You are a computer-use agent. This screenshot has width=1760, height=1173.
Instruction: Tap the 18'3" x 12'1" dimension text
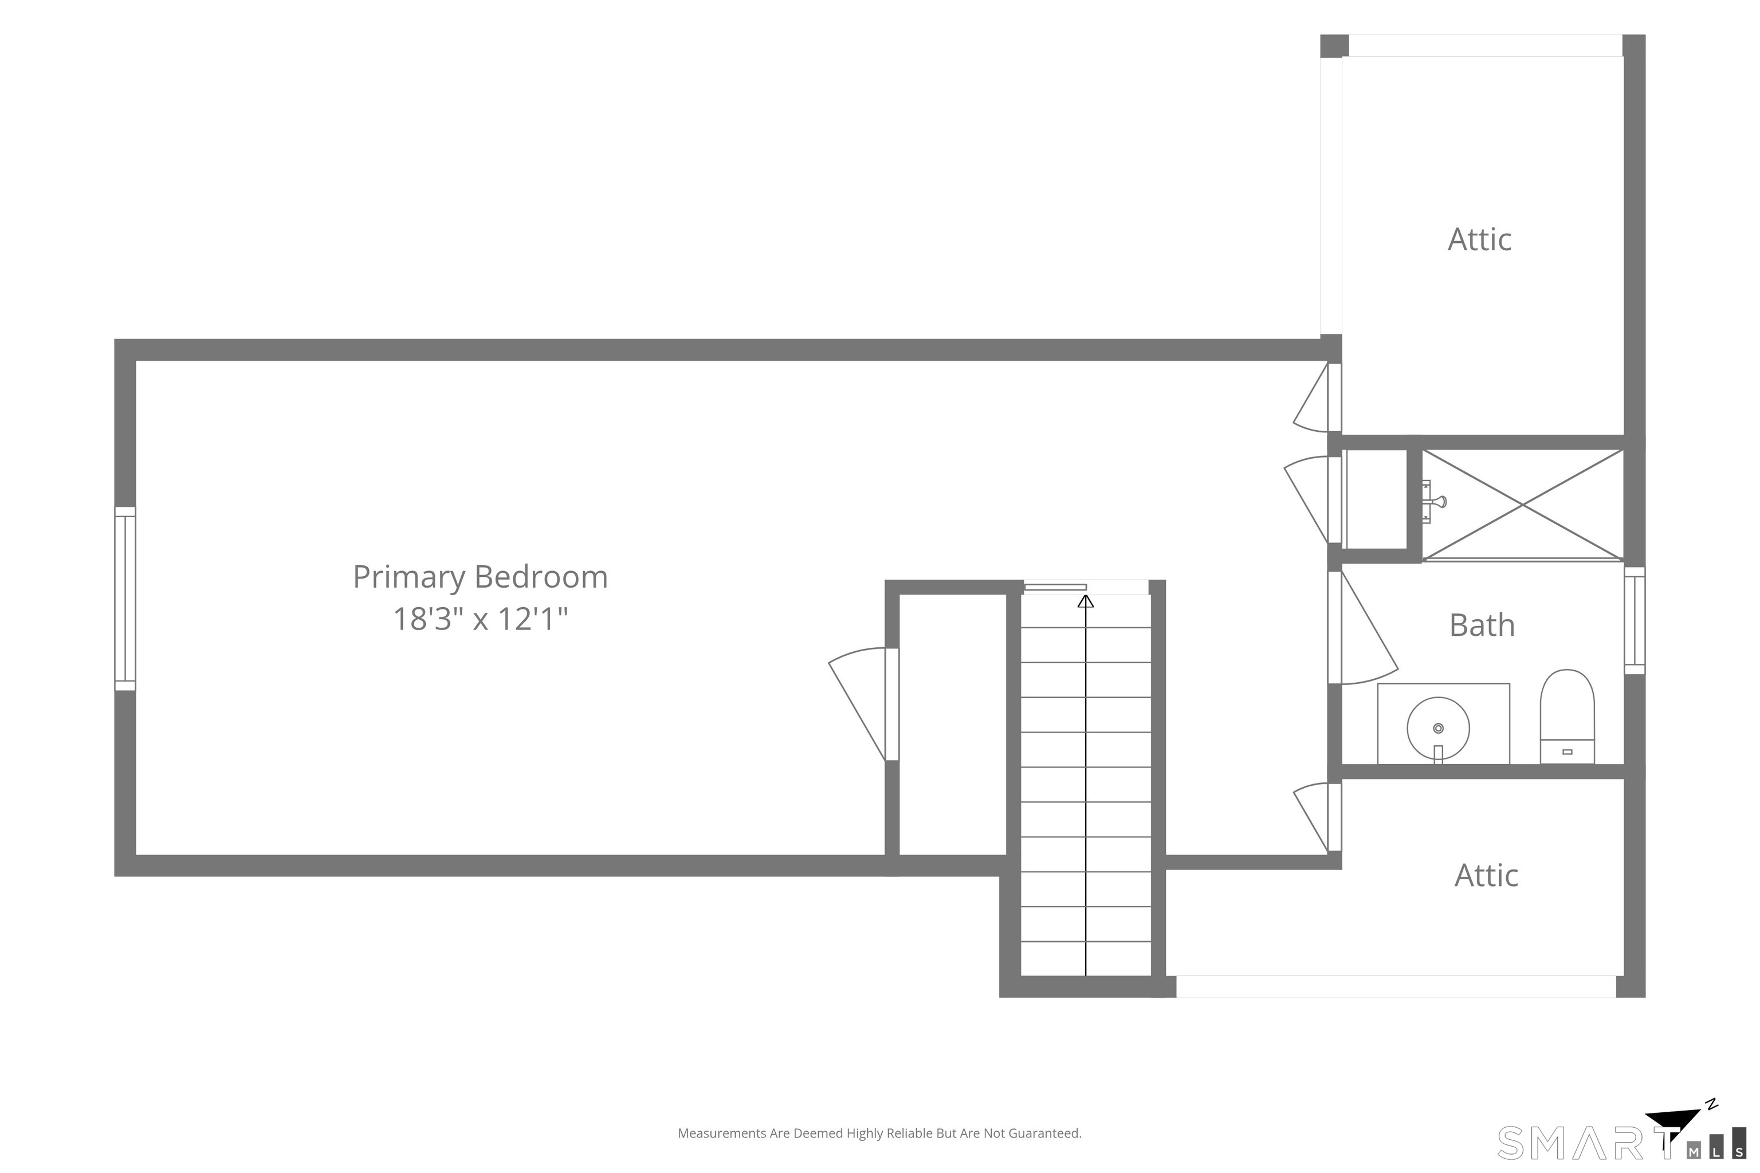481,619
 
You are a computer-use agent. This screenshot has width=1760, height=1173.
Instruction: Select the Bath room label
1482,625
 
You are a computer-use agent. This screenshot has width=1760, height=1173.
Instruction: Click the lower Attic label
1486,875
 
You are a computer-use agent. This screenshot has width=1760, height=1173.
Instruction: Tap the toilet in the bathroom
1567,717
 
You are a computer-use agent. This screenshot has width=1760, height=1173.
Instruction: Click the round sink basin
1437,728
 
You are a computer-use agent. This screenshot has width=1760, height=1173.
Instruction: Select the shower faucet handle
1433,501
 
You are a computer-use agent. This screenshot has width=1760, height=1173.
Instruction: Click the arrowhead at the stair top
1085,601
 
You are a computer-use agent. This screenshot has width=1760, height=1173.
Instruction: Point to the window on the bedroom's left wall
125,599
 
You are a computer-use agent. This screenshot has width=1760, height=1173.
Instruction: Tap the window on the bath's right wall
1635,620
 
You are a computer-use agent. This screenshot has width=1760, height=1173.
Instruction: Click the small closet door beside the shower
1313,499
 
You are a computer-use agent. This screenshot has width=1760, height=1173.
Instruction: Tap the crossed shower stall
1523,505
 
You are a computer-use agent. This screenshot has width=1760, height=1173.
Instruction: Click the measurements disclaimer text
879,1133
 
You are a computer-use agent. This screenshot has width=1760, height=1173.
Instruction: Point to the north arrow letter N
1711,1104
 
